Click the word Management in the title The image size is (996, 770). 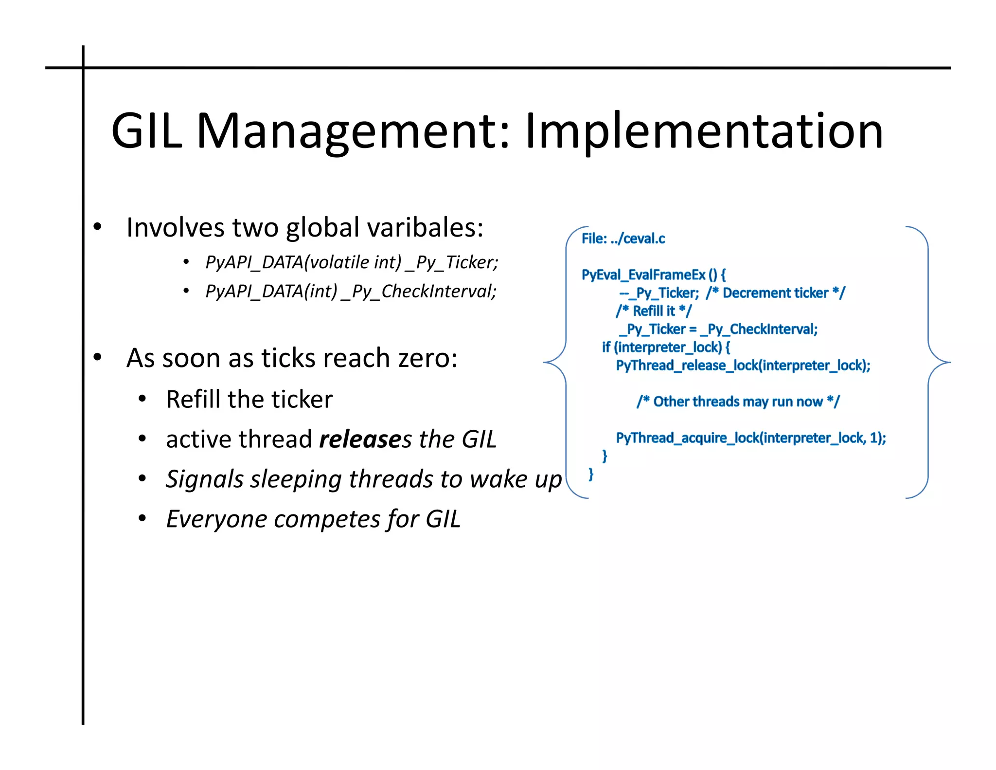click(353, 130)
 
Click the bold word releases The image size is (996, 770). click(360, 439)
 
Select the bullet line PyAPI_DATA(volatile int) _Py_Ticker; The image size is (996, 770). click(352, 262)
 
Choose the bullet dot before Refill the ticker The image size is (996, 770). click(142, 399)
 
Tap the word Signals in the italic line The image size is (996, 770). click(204, 479)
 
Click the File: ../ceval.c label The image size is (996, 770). click(623, 238)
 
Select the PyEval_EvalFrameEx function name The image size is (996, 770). click(643, 275)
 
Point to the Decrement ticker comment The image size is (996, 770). click(775, 293)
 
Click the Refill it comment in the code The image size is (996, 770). click(654, 311)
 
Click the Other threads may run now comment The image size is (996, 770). click(738, 402)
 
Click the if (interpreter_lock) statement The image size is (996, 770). click(665, 348)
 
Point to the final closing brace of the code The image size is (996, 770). click(591, 474)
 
